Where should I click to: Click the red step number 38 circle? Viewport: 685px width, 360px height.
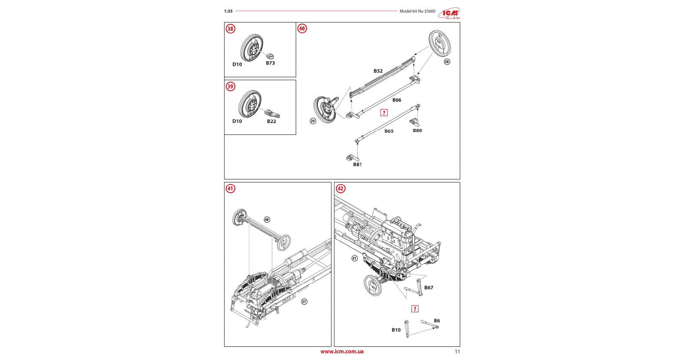(230, 29)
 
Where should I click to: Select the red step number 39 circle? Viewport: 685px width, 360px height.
(230, 86)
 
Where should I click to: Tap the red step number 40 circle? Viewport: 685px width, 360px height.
(302, 29)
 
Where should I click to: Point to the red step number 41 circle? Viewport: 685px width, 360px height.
(230, 189)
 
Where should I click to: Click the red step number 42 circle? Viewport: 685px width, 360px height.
(340, 189)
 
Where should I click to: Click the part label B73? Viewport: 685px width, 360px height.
(270, 63)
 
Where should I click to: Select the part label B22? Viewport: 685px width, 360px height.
(271, 121)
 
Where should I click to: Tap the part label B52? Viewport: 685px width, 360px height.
(378, 71)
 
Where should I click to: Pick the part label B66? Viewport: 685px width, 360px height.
(397, 100)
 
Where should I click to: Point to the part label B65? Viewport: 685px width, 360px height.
(389, 131)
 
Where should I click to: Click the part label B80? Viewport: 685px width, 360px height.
(417, 131)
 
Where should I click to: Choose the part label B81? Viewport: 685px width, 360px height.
(357, 165)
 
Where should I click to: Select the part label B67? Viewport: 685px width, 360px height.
(429, 288)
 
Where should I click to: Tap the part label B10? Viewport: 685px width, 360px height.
(396, 330)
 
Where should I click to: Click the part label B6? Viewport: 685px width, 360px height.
(437, 321)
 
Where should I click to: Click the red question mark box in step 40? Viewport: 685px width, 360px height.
(384, 113)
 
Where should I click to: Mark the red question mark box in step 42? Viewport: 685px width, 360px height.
(415, 309)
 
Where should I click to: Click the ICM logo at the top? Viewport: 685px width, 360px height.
(449, 14)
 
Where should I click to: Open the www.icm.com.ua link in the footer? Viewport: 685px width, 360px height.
(342, 352)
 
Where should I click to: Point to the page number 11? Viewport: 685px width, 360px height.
(457, 352)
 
